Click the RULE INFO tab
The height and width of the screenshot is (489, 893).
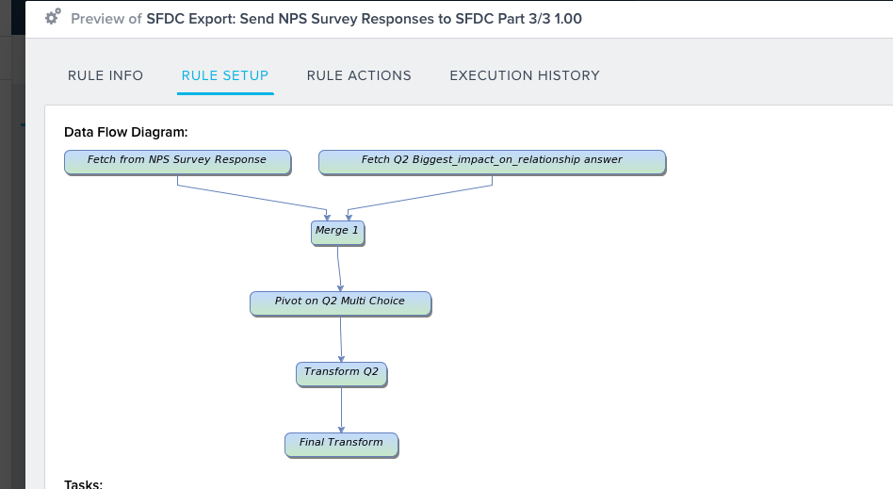(106, 75)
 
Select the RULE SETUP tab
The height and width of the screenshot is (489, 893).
(225, 75)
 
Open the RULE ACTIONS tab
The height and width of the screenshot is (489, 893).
(359, 75)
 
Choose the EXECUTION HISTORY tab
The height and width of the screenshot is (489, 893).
(525, 75)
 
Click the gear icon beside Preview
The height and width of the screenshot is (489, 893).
(53, 17)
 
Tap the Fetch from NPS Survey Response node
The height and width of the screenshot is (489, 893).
(177, 162)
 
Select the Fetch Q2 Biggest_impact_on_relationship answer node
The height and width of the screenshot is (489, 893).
(492, 162)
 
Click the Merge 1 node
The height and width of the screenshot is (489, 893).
(338, 233)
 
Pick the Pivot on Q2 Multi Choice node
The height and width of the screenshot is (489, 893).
(341, 303)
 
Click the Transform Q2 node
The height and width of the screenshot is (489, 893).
(342, 374)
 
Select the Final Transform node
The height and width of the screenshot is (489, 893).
(342, 445)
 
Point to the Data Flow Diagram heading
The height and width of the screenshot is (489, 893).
(126, 132)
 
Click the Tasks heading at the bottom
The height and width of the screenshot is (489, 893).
(83, 484)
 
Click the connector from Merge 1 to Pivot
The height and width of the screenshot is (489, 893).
(339, 269)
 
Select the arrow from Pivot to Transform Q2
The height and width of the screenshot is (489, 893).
(341, 339)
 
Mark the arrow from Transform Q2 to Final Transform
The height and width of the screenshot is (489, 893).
(342, 410)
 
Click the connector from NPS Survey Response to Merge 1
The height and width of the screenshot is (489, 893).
(252, 198)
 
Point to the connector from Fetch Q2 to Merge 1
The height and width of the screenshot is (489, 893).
(420, 198)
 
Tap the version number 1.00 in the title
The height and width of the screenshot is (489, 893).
(568, 19)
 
